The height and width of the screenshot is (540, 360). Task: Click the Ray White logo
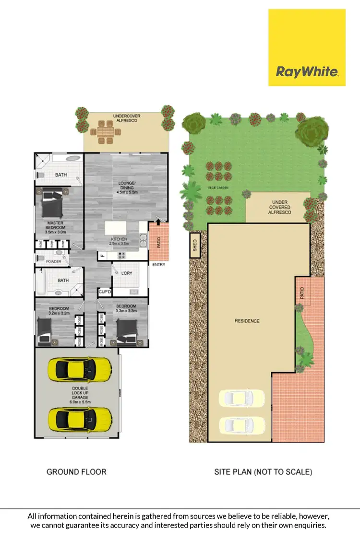(x=307, y=48)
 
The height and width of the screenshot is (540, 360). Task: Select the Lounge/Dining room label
(x=127, y=188)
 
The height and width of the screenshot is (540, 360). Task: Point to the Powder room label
(x=53, y=261)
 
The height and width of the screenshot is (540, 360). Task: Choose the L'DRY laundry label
(x=127, y=273)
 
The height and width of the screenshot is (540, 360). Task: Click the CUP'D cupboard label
(x=104, y=292)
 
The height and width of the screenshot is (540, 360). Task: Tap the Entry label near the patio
(x=158, y=264)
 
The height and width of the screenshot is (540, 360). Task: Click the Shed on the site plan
(x=195, y=246)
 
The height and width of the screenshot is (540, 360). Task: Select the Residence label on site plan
(x=247, y=321)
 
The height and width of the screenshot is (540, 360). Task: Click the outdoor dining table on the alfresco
(x=106, y=131)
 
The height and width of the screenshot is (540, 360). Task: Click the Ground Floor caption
(x=76, y=472)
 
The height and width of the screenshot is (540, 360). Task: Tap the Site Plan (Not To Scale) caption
(x=263, y=472)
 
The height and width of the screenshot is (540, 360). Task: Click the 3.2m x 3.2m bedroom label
(x=59, y=311)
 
